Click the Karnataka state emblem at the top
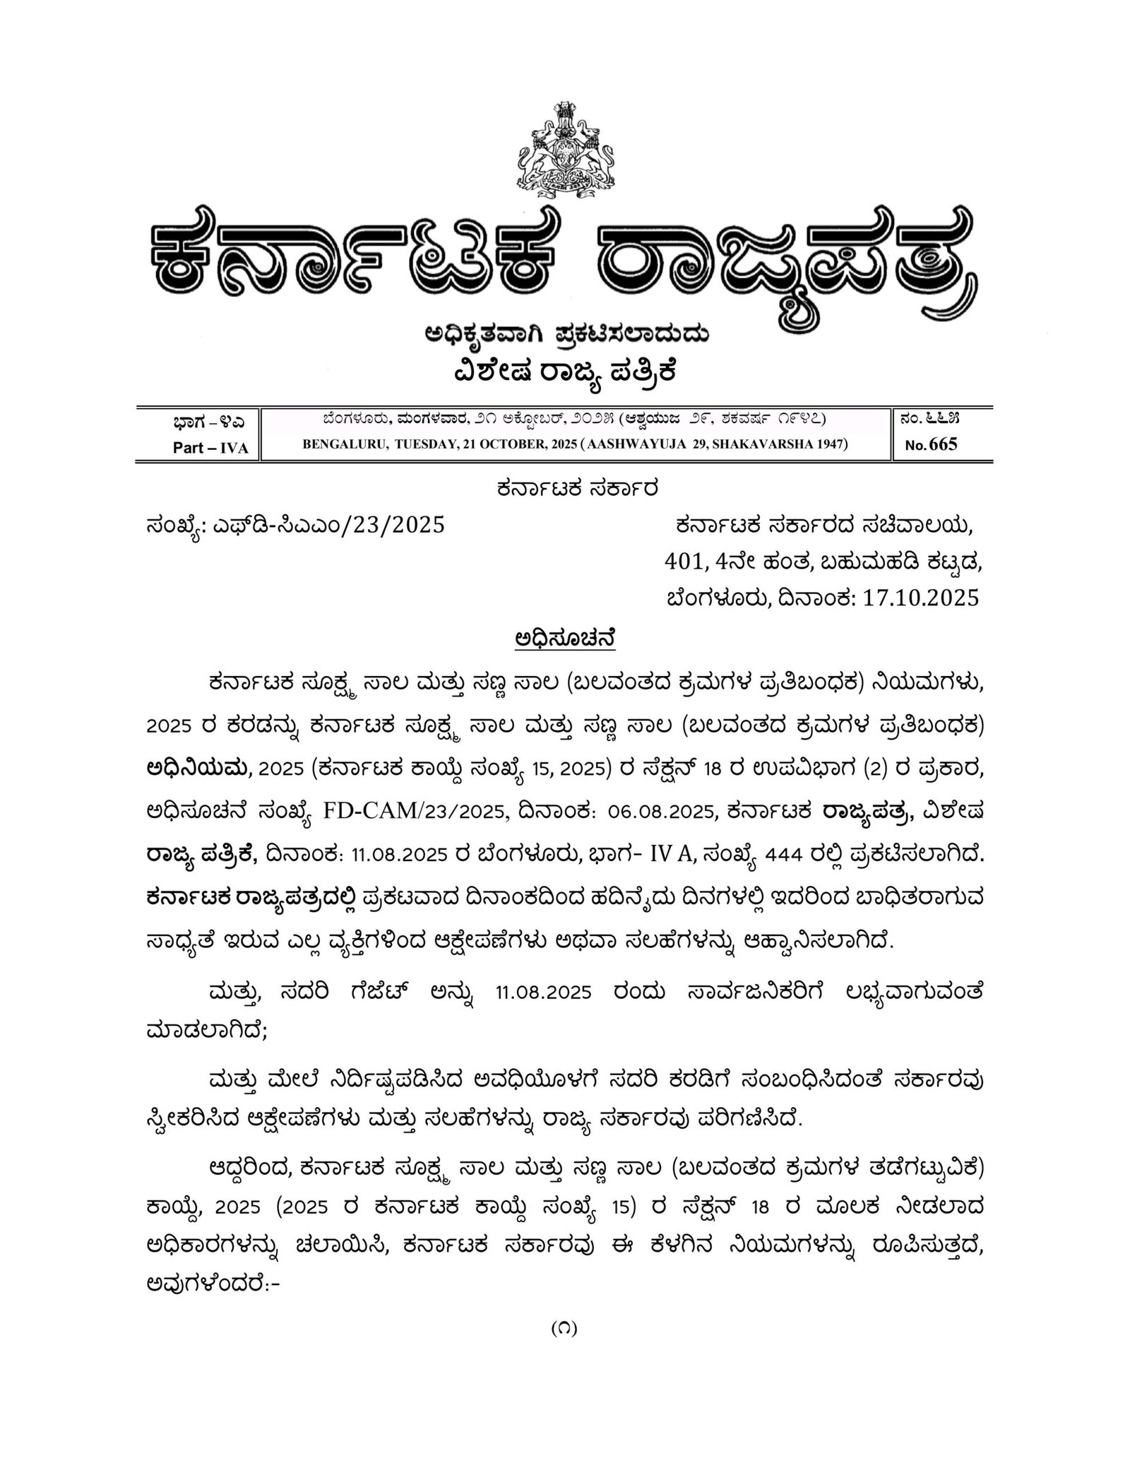(564, 151)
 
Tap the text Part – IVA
(210, 448)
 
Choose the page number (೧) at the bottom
(564, 1327)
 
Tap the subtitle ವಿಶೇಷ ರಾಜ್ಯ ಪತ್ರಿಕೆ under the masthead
(565, 370)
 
